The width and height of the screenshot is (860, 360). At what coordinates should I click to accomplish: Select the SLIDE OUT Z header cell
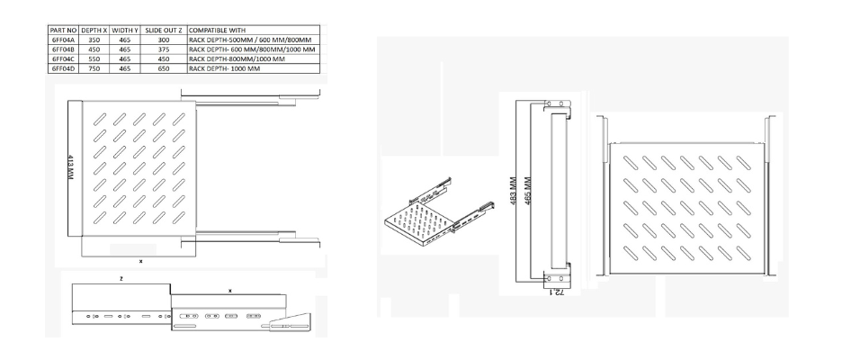pos(164,31)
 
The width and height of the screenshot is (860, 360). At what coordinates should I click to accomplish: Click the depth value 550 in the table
pos(94,59)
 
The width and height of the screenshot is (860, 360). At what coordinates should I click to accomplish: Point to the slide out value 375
pos(164,49)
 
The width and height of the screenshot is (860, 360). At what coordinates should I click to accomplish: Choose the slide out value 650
pos(164,68)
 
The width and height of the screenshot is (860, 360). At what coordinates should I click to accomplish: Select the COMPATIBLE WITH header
pos(217,31)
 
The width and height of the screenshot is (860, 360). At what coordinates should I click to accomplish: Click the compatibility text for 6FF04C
pos(237,59)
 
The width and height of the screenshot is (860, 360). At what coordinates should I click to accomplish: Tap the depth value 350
pos(94,40)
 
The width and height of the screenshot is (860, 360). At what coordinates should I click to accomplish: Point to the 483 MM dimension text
pos(514,190)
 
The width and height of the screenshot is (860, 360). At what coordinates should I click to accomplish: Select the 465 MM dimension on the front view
pos(528,190)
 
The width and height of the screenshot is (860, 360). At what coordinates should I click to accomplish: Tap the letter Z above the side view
pos(121,279)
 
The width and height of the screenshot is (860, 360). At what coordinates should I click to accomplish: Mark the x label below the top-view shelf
pos(140,262)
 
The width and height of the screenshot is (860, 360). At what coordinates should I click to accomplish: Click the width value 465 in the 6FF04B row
pos(125,49)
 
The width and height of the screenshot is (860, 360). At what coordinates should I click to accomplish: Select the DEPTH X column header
pos(94,31)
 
